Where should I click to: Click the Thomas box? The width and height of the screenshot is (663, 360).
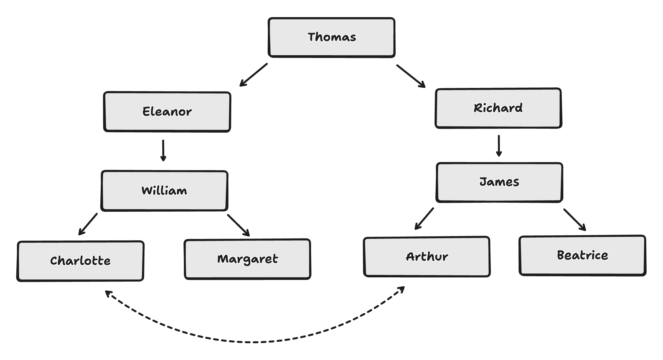tap(332, 37)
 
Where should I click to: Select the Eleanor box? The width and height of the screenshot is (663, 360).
tap(167, 111)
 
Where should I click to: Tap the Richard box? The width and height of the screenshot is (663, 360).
tap(498, 108)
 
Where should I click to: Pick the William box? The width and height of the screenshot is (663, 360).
tap(164, 191)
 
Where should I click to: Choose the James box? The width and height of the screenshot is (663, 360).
tap(499, 182)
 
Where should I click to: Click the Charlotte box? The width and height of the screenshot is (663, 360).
tap(80, 261)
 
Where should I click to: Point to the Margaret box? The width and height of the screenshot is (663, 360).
tap(247, 259)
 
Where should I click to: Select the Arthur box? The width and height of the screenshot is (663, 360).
tap(427, 257)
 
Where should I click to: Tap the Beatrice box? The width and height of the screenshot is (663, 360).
tap(582, 255)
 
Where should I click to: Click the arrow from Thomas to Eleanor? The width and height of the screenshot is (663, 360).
tap(253, 75)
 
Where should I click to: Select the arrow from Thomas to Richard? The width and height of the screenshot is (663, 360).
tap(411, 76)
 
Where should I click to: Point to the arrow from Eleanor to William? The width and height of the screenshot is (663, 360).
tap(163, 150)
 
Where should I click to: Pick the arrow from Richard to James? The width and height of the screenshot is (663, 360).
tap(499, 146)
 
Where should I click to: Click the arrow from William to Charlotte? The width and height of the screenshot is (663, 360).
tap(88, 224)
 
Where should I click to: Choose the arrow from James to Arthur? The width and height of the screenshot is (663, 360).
tap(424, 219)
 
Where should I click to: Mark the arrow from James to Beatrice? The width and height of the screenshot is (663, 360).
tap(575, 220)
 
